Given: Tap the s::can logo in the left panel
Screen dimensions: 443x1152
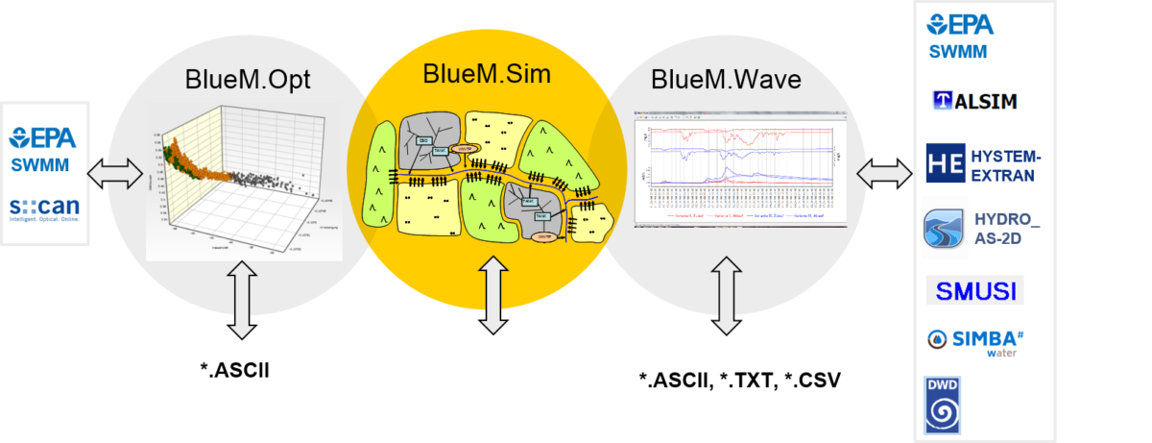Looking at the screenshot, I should click(x=45, y=210).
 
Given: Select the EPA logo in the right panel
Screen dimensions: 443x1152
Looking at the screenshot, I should click(x=960, y=23).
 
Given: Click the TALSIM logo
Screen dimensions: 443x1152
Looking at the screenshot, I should click(x=974, y=99).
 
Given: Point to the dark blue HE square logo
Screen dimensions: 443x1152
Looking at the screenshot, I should click(x=945, y=163).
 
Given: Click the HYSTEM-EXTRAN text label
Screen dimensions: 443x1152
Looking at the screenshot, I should click(x=1004, y=164).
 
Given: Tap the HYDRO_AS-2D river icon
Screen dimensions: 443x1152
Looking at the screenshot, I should click(x=945, y=228).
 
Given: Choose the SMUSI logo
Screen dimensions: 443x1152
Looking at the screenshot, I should click(x=974, y=290).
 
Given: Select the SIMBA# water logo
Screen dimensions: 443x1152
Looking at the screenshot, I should click(x=975, y=342).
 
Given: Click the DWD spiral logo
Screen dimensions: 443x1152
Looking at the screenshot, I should click(x=942, y=405).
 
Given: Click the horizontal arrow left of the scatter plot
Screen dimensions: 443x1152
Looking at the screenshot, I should click(x=114, y=175).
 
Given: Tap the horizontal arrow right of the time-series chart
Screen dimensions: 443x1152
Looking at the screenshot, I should click(x=884, y=174).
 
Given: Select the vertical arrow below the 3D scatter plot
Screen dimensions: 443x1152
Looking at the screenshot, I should click(x=242, y=301).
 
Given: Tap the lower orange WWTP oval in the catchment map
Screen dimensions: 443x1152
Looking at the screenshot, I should click(x=543, y=234).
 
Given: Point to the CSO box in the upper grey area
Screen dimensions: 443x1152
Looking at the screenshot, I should click(x=424, y=140).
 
